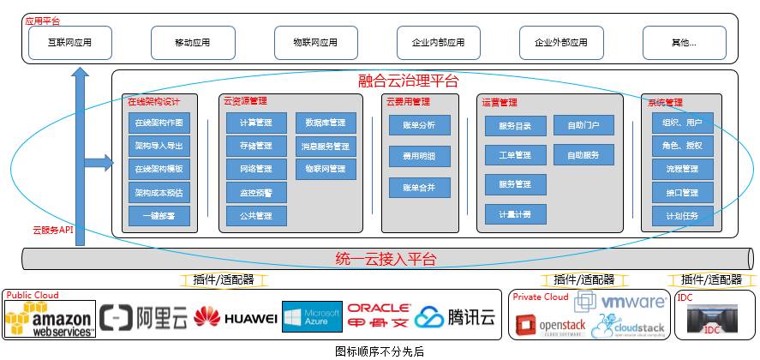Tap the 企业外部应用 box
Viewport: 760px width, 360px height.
tap(561, 42)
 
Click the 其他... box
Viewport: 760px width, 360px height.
tap(684, 42)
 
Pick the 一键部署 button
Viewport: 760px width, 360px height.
tap(159, 216)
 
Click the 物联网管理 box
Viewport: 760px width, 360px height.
tap(326, 169)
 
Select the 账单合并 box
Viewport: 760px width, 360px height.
tap(419, 186)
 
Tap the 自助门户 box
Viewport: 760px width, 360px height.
tap(583, 126)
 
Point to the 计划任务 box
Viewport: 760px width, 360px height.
tap(681, 216)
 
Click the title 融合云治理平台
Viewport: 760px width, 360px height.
tap(408, 82)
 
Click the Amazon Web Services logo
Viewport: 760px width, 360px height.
tap(48, 319)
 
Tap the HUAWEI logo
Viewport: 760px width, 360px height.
tap(236, 319)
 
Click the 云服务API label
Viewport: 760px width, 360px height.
tap(52, 230)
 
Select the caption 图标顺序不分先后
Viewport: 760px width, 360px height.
tap(379, 351)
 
